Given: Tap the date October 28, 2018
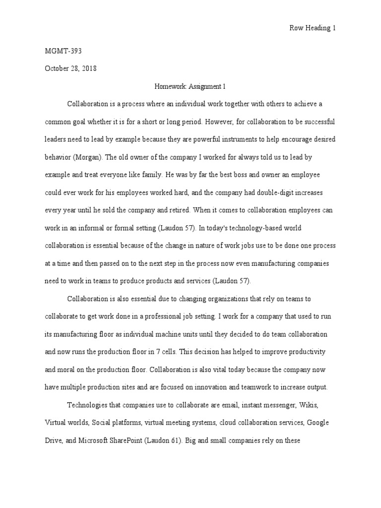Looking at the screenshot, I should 70,69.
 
